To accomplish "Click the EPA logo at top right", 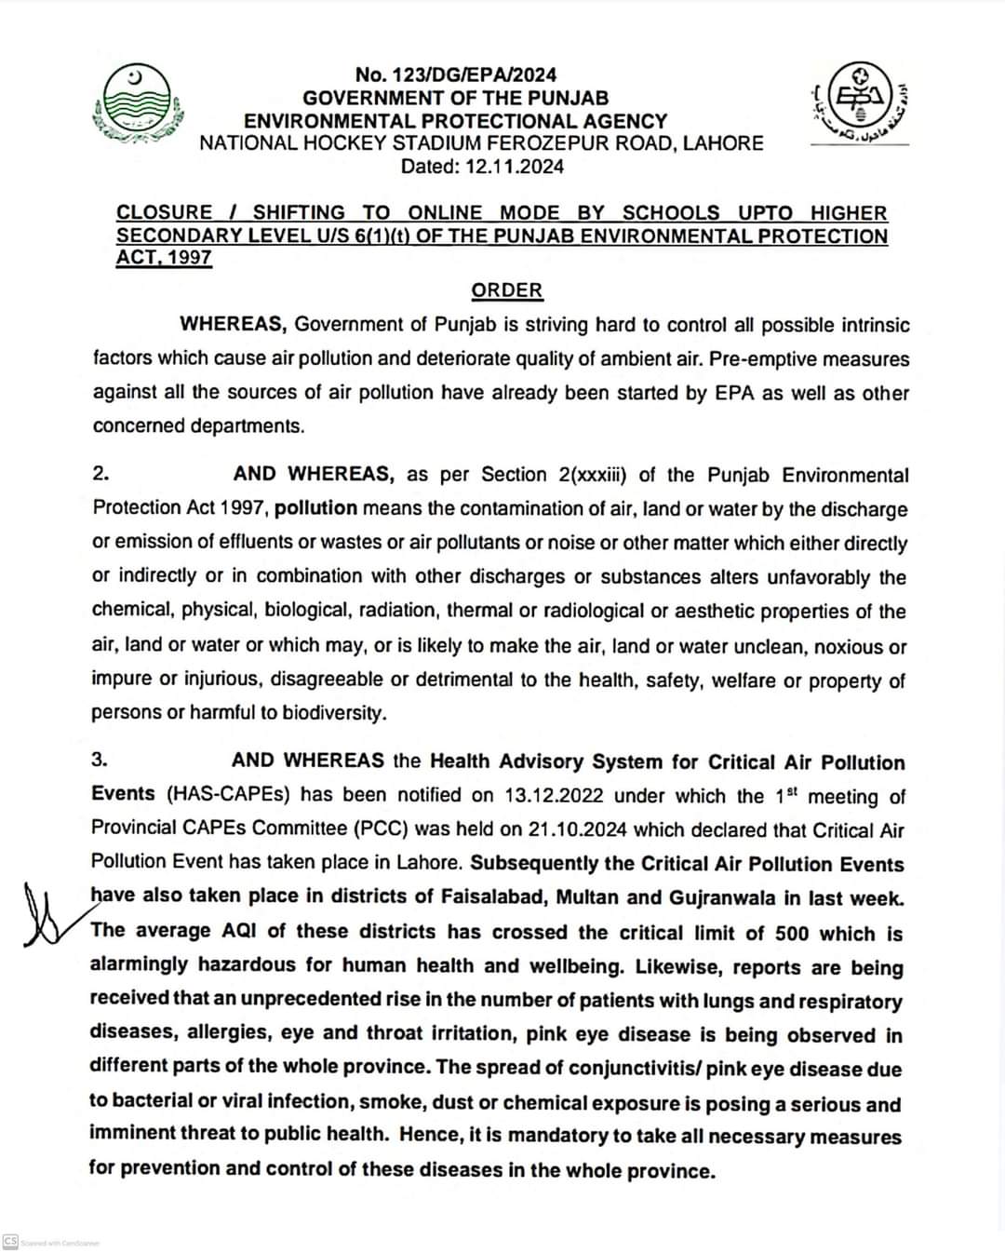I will [x=859, y=103].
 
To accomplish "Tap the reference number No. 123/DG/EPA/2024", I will [x=455, y=74].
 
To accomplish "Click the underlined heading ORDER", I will [x=506, y=290].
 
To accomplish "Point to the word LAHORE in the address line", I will [x=723, y=143].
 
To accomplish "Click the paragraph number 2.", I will [x=100, y=473].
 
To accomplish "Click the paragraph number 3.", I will [x=100, y=759].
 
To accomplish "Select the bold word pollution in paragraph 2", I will [x=315, y=508].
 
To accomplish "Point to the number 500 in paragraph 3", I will [x=792, y=933].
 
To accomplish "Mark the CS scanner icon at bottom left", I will [x=10, y=1242].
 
